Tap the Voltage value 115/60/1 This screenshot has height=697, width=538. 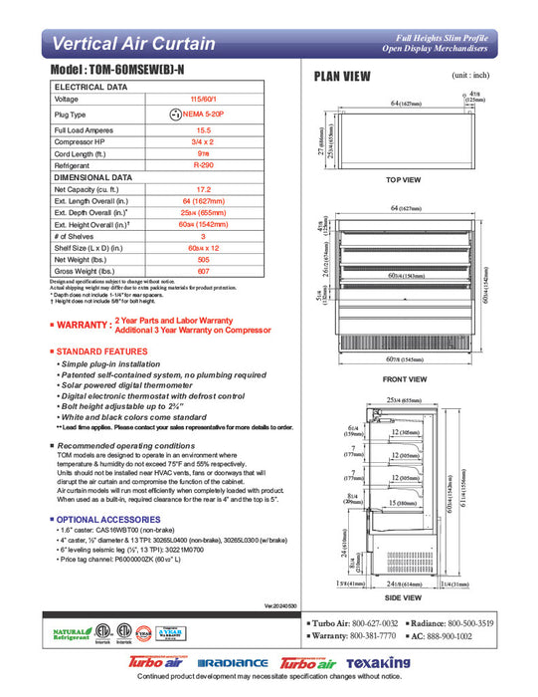[203, 100]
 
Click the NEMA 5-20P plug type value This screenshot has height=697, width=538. [203, 116]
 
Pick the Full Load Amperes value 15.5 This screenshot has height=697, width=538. [203, 130]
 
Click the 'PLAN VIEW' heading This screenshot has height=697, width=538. [342, 77]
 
